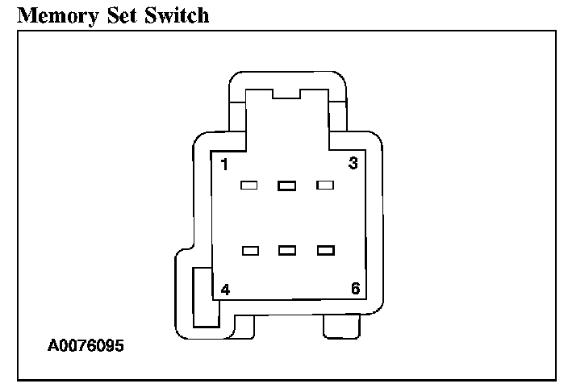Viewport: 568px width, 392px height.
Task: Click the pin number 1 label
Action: pos(223,165)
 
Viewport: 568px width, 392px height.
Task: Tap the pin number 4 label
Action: pos(224,289)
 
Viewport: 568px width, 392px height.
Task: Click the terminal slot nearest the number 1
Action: pos(249,186)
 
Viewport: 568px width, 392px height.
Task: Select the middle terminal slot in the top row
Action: pos(286,186)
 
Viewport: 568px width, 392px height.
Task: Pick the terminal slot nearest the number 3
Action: pos(325,186)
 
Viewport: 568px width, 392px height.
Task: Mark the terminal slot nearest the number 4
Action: pos(250,251)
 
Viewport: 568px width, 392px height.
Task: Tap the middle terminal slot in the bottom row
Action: pos(286,251)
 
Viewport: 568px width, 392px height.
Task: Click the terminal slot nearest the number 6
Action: pos(325,251)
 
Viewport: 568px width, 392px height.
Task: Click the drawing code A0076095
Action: pos(86,346)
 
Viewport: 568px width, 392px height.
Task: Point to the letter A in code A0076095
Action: pos(53,346)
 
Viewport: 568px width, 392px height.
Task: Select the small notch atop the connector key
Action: pos(286,94)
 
